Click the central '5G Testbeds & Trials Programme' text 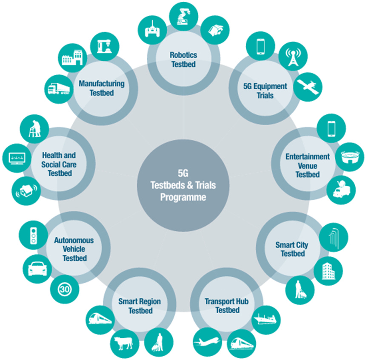pos(183,185)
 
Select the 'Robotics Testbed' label pos(183,59)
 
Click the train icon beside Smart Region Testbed pos(100,318)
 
